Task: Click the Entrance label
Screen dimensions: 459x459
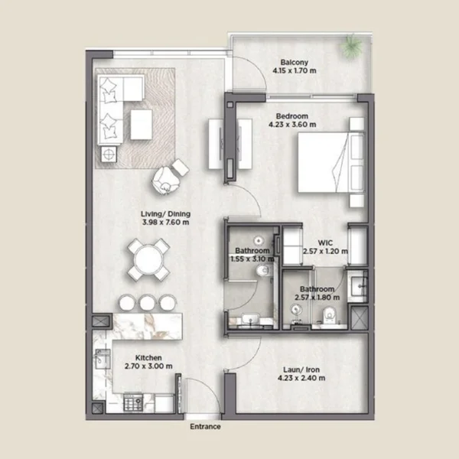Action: (x=205, y=427)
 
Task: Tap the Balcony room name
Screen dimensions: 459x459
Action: (x=295, y=63)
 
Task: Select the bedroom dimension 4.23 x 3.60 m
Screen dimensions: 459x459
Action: (x=292, y=125)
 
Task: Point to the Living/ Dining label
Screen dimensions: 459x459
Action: (x=166, y=214)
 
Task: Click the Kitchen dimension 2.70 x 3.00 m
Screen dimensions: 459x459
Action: (x=148, y=366)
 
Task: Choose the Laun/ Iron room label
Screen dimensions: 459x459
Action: (x=301, y=369)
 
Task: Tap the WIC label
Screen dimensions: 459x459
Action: (x=325, y=243)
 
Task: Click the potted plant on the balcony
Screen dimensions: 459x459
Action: (x=352, y=46)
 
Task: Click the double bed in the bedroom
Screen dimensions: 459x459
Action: (x=331, y=162)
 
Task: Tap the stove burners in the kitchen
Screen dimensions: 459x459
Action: (x=133, y=402)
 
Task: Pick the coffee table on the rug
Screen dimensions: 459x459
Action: (x=142, y=125)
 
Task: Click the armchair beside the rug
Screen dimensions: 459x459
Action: (x=165, y=180)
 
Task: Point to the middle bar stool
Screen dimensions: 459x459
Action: (x=147, y=302)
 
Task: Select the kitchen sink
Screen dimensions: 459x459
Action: (x=103, y=360)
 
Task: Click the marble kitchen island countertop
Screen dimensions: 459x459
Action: (x=147, y=327)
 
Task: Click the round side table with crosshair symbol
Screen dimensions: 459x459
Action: (x=109, y=154)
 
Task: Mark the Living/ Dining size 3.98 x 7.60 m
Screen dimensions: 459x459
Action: (x=166, y=223)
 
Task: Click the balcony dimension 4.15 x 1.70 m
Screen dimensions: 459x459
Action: (x=295, y=70)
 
